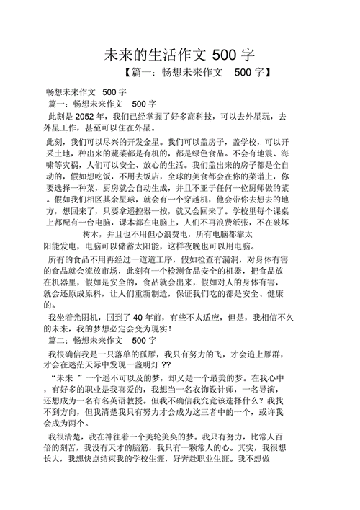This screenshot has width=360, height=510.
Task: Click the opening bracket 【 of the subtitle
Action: [128, 72]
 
